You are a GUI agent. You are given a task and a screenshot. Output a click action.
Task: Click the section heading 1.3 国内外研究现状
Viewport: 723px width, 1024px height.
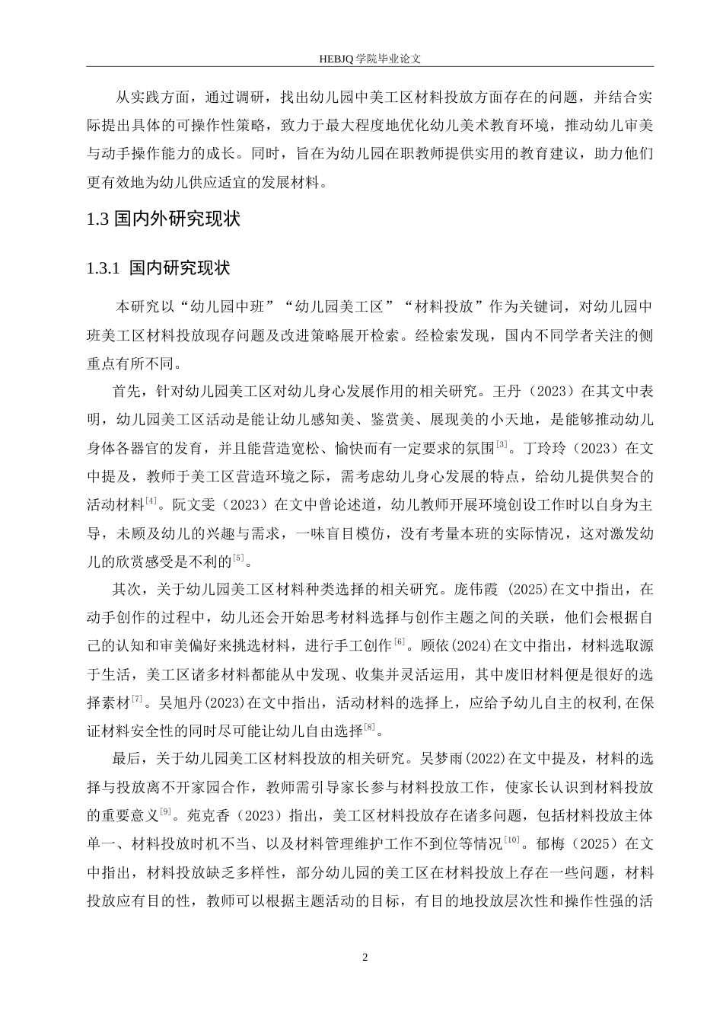164,219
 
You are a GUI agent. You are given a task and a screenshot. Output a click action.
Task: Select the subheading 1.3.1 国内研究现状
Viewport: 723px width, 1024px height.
158,268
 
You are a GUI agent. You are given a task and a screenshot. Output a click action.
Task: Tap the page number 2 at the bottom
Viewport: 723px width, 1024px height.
365,956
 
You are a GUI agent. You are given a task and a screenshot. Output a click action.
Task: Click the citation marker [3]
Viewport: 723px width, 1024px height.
502,443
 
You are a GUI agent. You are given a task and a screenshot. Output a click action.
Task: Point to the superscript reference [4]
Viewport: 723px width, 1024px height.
151,501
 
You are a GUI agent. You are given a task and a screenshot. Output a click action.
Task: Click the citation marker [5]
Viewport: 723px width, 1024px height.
239,558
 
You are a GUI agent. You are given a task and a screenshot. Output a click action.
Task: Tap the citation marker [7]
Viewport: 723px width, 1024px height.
137,697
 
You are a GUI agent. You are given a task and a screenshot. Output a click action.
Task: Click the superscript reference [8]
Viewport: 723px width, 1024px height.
370,726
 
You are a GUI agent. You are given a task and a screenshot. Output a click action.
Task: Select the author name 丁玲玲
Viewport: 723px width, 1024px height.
542,448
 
